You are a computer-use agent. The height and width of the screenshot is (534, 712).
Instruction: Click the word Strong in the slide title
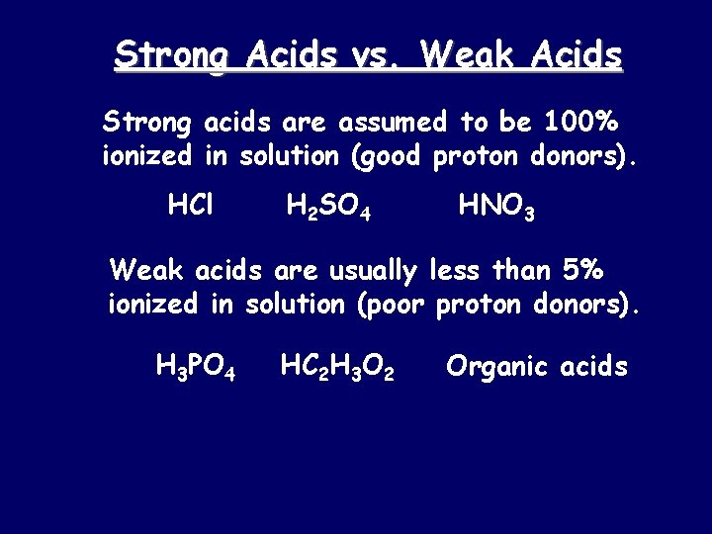169,55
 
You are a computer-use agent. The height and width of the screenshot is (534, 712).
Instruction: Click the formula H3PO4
195,368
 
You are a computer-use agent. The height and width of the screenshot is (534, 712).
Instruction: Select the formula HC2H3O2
337,368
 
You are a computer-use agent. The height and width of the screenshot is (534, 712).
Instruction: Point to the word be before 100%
519,123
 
